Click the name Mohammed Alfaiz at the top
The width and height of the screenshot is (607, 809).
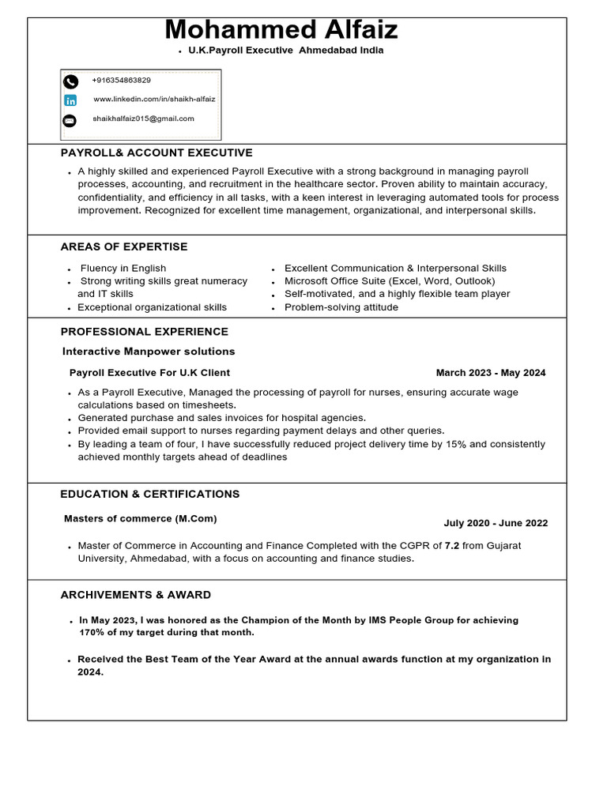pos(281,30)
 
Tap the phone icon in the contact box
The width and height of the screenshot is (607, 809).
pos(70,81)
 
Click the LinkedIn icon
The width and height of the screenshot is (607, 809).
pos(70,100)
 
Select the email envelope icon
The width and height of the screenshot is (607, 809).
pos(70,120)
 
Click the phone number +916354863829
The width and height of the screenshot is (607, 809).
pos(121,81)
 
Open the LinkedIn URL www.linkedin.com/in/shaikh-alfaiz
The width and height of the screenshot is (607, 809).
pos(154,100)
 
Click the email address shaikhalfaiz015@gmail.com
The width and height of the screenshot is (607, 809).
pos(143,119)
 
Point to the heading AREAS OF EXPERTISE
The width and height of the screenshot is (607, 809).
pos(124,246)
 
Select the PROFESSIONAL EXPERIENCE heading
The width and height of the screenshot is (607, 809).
pos(145,332)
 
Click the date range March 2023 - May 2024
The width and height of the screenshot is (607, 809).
pos(490,373)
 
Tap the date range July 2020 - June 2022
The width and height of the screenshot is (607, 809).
pos(496,523)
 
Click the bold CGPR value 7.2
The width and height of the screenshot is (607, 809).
pos(452,546)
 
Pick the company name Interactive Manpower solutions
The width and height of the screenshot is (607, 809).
pos(149,352)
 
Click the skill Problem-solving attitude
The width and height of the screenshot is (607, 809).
pos(341,307)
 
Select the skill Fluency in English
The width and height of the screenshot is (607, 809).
pos(123,269)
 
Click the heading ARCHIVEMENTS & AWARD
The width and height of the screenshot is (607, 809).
pos(136,595)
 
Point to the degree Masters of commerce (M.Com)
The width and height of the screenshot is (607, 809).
pos(141,519)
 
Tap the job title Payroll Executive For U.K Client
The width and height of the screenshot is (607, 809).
pos(150,373)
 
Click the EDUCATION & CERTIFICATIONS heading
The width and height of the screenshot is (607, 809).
pos(150,495)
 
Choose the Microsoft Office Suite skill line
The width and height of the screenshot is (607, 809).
pos(390,281)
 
